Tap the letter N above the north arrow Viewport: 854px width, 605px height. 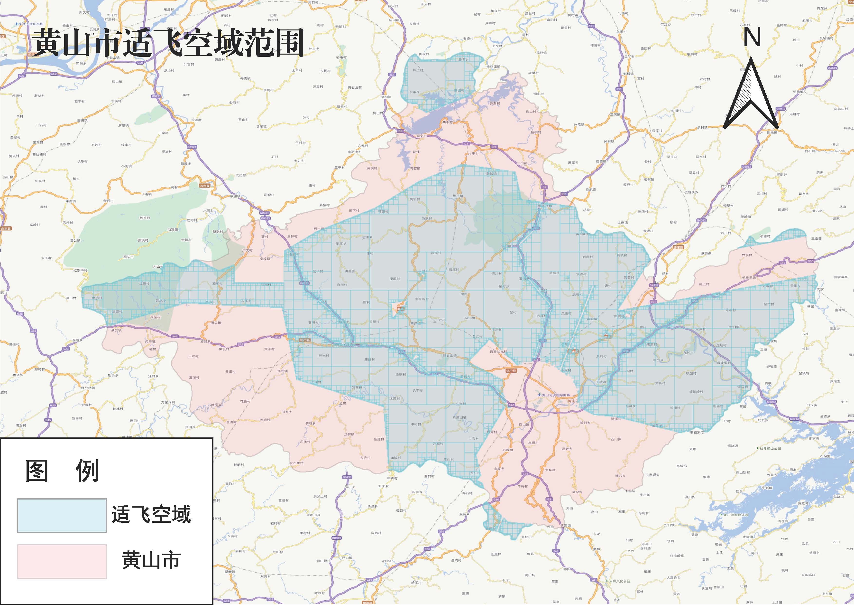[x=752, y=38]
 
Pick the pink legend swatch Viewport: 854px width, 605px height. [x=62, y=561]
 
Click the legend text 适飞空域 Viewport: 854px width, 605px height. [x=151, y=514]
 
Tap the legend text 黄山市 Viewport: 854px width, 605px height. [x=151, y=560]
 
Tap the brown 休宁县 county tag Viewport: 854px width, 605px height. [x=511, y=371]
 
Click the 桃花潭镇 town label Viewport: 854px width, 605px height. [x=493, y=67]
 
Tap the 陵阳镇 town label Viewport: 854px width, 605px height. [x=386, y=97]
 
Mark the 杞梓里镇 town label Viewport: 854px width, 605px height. [x=749, y=278]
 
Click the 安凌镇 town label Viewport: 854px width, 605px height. [x=265, y=259]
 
